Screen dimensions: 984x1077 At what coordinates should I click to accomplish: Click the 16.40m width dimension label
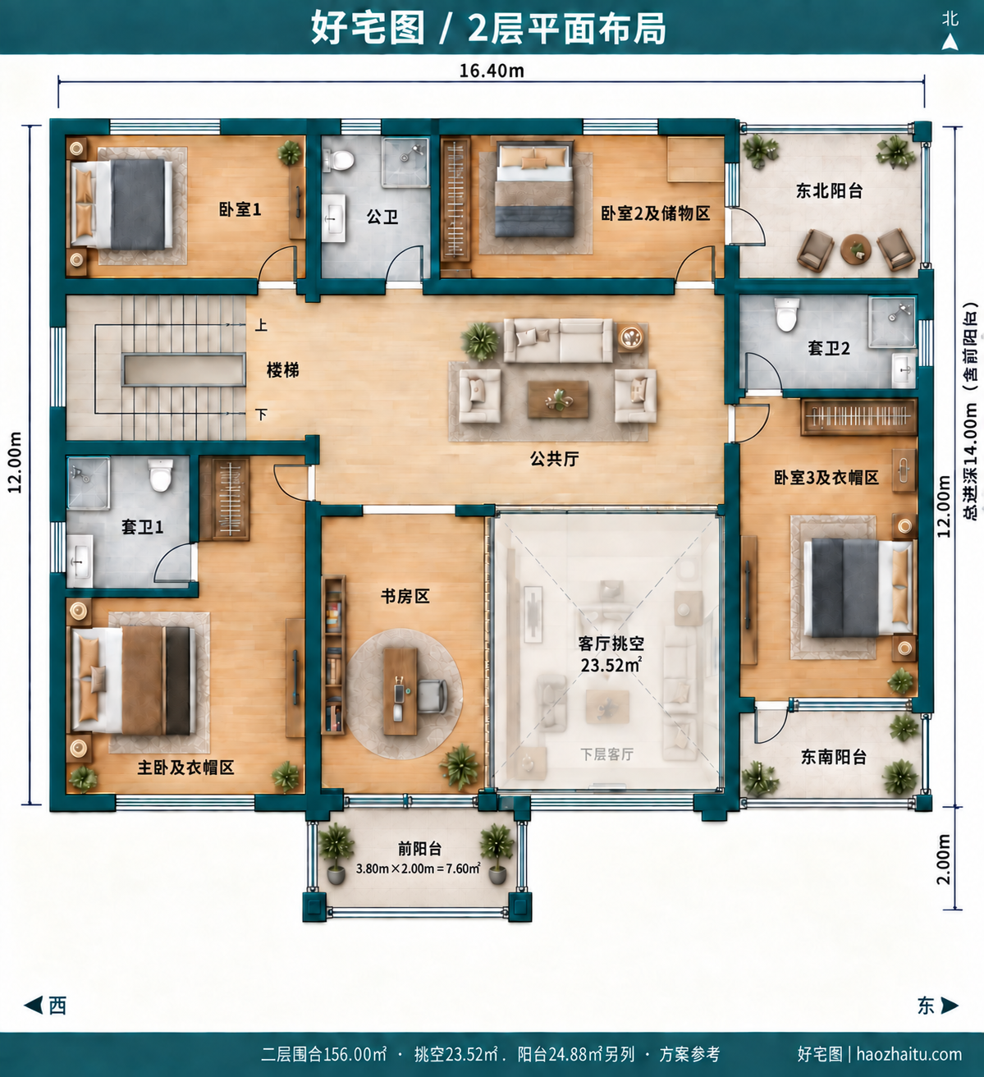[x=492, y=71]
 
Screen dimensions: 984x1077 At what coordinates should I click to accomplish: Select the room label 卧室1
[x=240, y=209]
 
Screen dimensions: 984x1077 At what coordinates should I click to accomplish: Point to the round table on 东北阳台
[x=855, y=249]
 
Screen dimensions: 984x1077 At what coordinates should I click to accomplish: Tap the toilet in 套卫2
[x=786, y=315]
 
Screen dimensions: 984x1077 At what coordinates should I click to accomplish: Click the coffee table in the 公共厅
[x=558, y=399]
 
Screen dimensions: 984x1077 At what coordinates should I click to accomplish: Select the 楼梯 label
[x=283, y=370]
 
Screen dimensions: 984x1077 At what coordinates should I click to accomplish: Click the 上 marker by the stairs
[x=261, y=325]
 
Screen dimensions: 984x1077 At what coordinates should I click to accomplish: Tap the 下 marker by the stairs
[x=262, y=414]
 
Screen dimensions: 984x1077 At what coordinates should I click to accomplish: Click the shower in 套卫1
[x=88, y=482]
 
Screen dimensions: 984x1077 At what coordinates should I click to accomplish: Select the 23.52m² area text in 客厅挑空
[x=611, y=665]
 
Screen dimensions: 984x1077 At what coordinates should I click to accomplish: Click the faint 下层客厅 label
[x=606, y=754]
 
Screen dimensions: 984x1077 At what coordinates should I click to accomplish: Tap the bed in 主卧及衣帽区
[x=134, y=681]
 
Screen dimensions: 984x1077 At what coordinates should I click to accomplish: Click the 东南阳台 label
[x=834, y=757]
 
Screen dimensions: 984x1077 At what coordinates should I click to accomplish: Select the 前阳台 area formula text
[x=419, y=868]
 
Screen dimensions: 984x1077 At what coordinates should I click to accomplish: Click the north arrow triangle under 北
[x=950, y=43]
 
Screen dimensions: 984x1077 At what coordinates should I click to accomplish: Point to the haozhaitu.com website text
[x=908, y=1054]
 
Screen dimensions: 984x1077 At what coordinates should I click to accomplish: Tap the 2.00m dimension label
[x=943, y=859]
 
